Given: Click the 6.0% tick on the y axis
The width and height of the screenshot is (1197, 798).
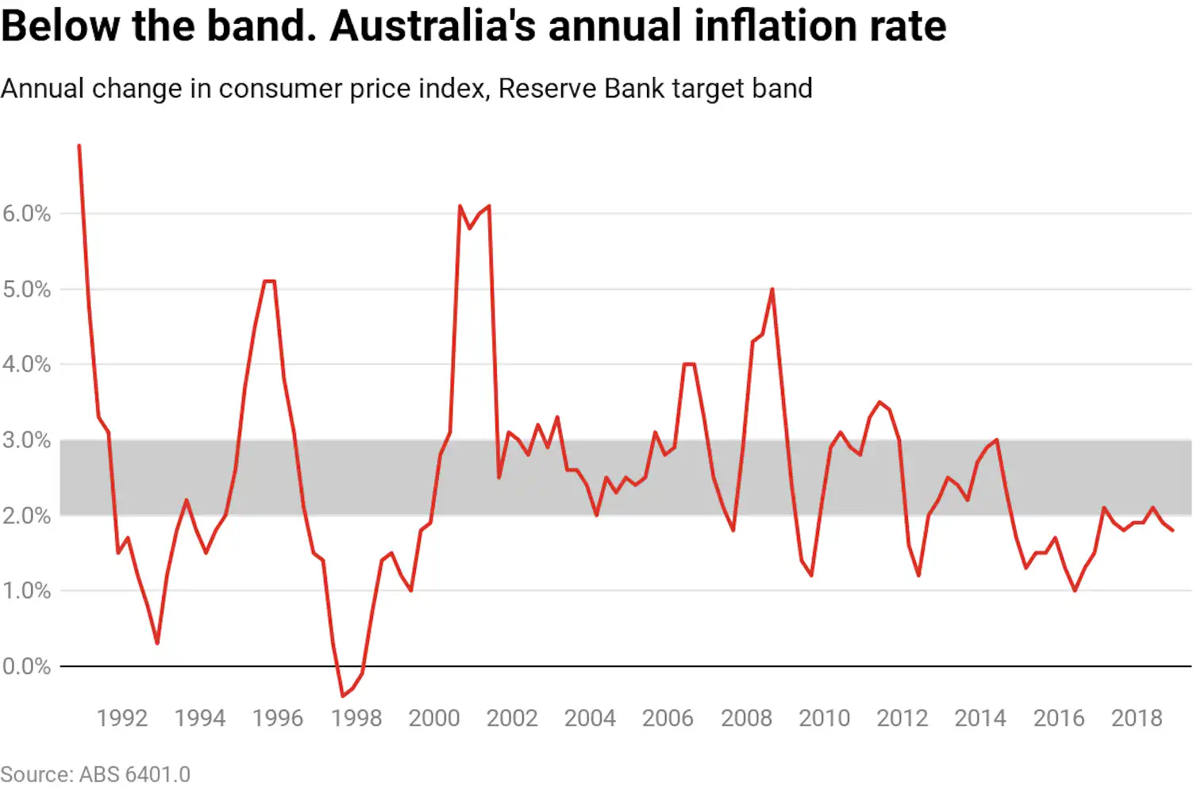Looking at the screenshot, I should click(26, 213).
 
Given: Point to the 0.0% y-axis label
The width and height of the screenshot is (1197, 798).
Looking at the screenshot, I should click(26, 666).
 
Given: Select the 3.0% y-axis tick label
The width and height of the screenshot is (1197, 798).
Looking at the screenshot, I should click(26, 440).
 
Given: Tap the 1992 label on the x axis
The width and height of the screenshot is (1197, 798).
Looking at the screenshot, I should click(122, 719).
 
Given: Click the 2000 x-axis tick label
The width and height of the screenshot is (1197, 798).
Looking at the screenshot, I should click(434, 719).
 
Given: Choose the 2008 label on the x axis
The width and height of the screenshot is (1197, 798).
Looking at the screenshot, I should click(746, 719).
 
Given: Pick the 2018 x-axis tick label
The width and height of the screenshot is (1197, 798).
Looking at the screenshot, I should click(1137, 719).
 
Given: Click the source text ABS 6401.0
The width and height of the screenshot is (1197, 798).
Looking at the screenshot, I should click(135, 774).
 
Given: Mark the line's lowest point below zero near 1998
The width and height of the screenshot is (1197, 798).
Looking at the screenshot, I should click(343, 696).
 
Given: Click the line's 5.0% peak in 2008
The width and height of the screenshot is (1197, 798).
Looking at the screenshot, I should click(772, 290).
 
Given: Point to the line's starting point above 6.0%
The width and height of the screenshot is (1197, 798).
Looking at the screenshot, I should click(79, 146).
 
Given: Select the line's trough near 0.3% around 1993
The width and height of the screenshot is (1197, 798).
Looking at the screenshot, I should click(157, 643).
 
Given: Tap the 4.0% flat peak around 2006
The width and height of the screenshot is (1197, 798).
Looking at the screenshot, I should click(689, 364).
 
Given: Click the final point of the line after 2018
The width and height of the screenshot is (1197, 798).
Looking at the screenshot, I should click(1172, 531).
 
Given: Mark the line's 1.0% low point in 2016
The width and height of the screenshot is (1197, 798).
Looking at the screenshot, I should click(1075, 590).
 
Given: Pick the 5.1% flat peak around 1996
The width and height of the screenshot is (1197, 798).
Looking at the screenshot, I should click(269, 282).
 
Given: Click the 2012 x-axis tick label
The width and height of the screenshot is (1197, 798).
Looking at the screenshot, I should click(903, 719).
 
